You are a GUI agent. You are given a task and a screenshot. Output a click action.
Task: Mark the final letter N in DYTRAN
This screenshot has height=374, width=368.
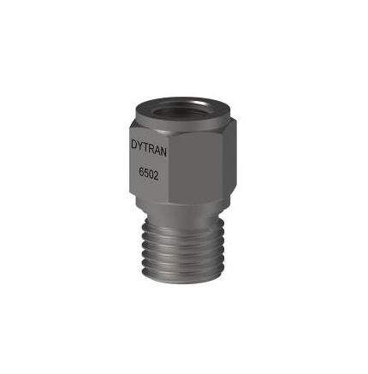tap(163, 152)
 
